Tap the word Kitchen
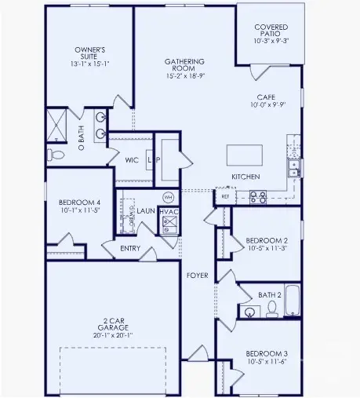[245, 177]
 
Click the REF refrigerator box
[225, 195]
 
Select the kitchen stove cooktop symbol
[257, 196]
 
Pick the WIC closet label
[133, 159]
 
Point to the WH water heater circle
[168, 196]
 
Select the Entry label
[130, 249]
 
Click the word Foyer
[196, 275]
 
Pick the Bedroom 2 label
[267, 239]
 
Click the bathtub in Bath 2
[292, 301]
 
